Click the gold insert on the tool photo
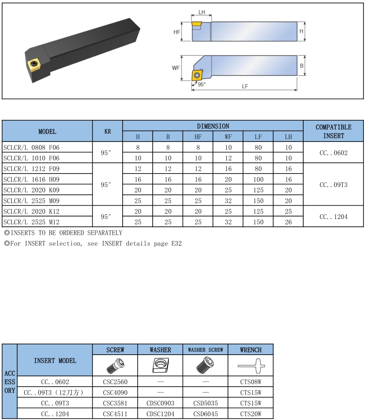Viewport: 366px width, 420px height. click(33, 64)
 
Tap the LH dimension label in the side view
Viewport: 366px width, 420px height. click(202, 12)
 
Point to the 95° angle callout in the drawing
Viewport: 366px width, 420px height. click(201, 84)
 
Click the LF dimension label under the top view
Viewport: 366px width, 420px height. click(245, 86)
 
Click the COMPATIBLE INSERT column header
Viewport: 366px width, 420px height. click(333, 131)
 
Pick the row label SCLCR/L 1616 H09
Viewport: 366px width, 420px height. click(31, 179)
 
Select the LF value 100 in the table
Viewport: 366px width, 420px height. click(258, 179)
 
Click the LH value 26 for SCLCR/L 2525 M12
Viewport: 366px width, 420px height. click(288, 222)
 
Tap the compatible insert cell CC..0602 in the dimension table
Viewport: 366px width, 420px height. click(333, 153)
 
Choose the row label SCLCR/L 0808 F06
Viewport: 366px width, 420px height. click(31, 147)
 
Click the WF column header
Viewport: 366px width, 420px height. click(228, 137)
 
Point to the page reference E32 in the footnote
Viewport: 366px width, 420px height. click(176, 243)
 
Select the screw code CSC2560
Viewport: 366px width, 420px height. click(115, 382)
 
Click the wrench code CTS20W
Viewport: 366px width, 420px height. click(251, 414)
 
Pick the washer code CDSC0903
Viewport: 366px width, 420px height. click(160, 403)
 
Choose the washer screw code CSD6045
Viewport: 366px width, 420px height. click(205, 414)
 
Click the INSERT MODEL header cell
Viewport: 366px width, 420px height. click(55, 360)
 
